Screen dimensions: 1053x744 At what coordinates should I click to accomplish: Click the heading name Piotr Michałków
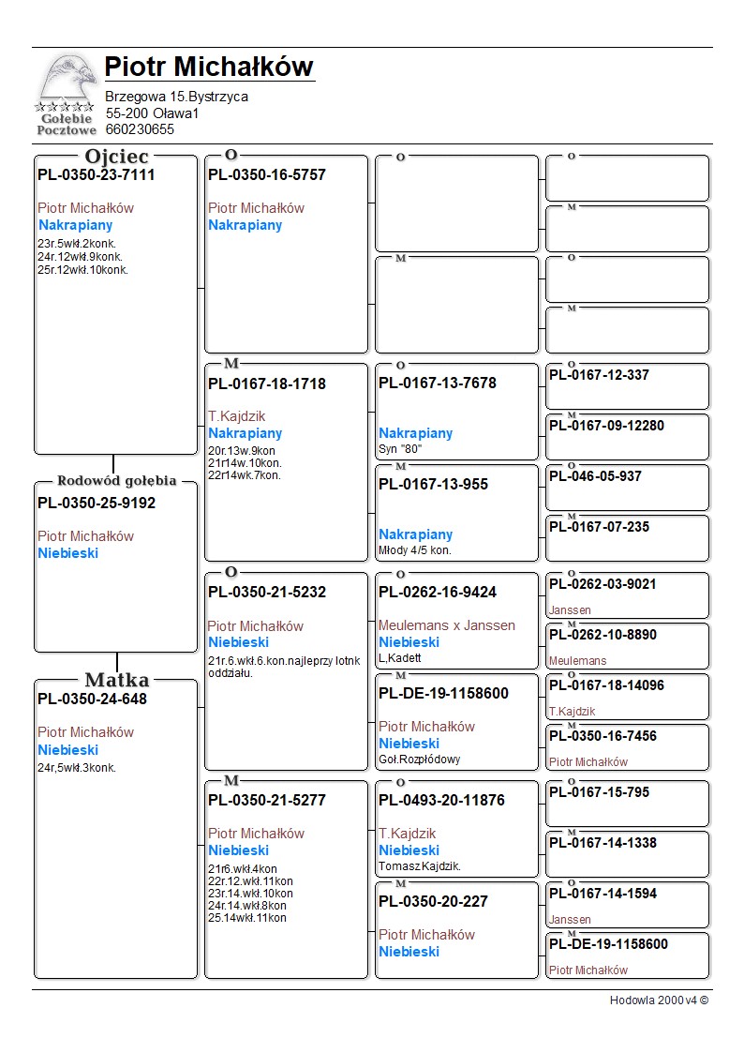(x=208, y=67)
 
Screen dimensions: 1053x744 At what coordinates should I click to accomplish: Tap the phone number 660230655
(x=140, y=129)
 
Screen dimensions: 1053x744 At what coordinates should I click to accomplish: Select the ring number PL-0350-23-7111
(x=97, y=174)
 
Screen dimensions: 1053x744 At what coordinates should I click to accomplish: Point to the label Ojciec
(x=116, y=157)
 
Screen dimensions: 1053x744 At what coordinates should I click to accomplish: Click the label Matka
(x=116, y=680)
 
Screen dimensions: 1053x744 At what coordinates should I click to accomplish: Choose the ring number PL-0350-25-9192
(x=97, y=503)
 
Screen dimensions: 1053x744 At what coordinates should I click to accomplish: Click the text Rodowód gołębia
(x=116, y=481)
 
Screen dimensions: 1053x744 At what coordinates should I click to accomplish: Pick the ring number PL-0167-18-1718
(x=267, y=384)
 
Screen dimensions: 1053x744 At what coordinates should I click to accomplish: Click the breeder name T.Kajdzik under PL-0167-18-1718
(x=237, y=416)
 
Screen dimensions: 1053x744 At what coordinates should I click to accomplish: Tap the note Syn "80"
(x=400, y=449)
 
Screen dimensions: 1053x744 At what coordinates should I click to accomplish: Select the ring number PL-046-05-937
(x=595, y=476)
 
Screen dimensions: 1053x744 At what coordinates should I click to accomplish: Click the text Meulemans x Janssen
(x=447, y=625)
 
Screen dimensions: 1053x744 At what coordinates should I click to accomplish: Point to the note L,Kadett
(x=400, y=657)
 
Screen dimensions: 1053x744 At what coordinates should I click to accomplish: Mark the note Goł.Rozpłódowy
(x=420, y=759)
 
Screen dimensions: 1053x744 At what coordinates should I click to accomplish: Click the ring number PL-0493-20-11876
(x=441, y=800)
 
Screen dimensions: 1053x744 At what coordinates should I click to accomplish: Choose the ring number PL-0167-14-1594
(x=603, y=894)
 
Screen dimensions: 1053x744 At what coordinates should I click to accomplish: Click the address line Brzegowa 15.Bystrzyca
(x=176, y=97)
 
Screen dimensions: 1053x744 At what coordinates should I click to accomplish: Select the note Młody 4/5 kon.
(x=415, y=550)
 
